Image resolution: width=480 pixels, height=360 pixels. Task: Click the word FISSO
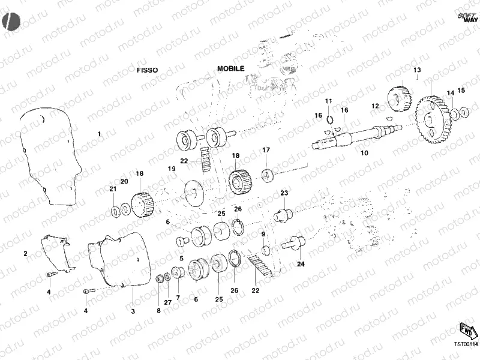[147, 70]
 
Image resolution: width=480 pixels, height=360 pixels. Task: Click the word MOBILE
[230, 68]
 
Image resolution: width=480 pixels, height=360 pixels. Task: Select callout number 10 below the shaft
[364, 153]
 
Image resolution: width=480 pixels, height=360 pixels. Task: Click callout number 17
[266, 149]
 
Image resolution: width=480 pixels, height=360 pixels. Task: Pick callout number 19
[172, 169]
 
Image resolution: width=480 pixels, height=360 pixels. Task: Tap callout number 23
[284, 192]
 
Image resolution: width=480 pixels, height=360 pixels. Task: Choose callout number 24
[301, 263]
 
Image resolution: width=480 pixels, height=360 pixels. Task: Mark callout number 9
[263, 234]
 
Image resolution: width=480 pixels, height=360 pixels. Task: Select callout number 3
[133, 311]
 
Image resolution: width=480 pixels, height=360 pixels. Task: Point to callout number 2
[26, 254]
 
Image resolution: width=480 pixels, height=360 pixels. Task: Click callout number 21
[112, 189]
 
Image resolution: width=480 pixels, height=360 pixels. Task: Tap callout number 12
[375, 106]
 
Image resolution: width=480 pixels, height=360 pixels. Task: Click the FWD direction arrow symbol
[466, 329]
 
